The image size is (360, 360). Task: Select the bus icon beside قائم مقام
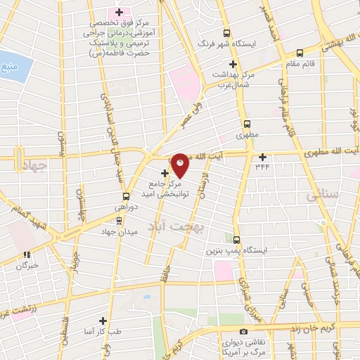(300, 52)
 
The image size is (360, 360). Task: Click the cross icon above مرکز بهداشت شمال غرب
(221, 60)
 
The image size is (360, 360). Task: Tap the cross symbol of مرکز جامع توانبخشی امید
(165, 173)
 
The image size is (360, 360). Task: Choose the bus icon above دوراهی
(126, 196)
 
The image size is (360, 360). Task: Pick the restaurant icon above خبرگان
(27, 255)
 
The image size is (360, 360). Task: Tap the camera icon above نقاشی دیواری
(243, 331)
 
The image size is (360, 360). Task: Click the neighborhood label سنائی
(319, 198)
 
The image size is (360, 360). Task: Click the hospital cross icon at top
(119, 12)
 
